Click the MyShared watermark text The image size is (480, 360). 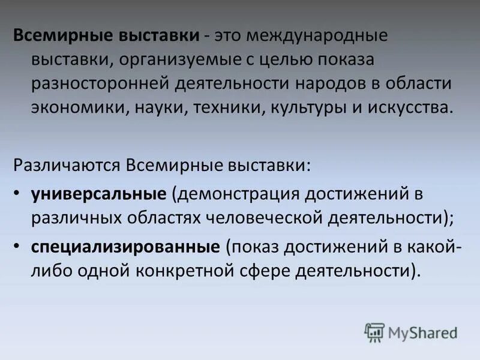pos(422,332)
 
